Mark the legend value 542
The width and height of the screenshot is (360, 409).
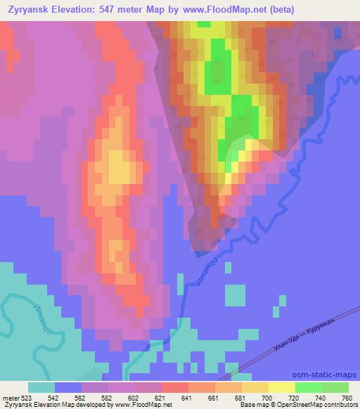pos(53,397)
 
